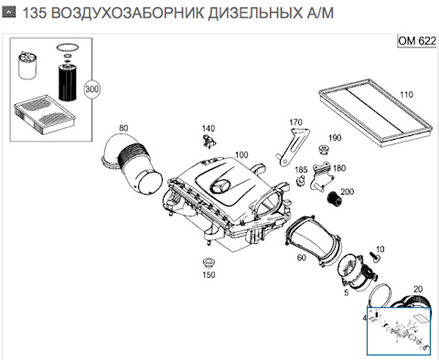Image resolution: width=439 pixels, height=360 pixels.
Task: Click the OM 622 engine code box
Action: point(415,41)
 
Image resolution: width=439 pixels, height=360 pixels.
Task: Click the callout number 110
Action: point(406,95)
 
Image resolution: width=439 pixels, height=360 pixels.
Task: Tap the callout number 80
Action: point(123,128)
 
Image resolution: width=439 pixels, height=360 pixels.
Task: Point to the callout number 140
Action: point(209,128)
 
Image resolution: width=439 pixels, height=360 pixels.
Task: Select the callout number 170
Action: point(295,122)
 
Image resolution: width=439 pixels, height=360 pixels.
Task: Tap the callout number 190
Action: point(335,138)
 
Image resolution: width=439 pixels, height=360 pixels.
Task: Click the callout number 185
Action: point(301,170)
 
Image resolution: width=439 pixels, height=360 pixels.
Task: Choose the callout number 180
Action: point(339,169)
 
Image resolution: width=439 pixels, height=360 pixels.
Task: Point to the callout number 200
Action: point(348,192)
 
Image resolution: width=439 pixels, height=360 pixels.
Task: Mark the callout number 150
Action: point(209,274)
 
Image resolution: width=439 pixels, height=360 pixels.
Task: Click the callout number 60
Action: point(301,259)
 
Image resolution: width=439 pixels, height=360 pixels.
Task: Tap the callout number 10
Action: point(380,249)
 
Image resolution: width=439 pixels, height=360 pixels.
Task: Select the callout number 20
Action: point(419,290)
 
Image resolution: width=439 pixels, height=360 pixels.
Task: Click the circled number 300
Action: point(91,90)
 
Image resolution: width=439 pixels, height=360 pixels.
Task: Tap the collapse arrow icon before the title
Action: point(8,13)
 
